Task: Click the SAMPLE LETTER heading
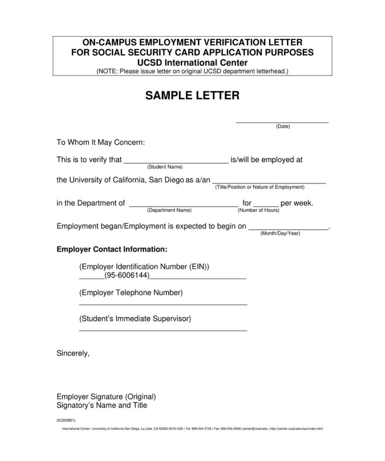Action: coord(192,96)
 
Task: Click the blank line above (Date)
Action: coord(282,121)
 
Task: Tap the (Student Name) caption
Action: coord(164,166)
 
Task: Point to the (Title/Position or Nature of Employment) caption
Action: coord(260,187)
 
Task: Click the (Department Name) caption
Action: coord(170,210)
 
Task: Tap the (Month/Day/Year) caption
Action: coord(280,234)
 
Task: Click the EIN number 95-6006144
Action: coord(127,276)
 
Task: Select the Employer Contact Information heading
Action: coord(112,249)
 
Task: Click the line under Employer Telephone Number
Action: coord(163,304)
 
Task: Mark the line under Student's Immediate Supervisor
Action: coord(163,330)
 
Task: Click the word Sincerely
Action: coord(73,353)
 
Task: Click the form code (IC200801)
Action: coord(66,420)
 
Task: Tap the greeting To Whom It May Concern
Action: coord(101,142)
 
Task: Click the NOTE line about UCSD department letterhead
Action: coord(192,71)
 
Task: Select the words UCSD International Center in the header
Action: coord(192,63)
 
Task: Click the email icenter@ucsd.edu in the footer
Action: coord(255,429)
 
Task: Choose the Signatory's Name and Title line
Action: coord(102,405)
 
